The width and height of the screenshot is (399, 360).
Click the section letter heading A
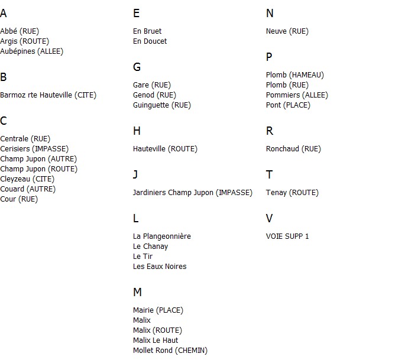[4, 13]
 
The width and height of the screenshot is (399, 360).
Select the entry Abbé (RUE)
[20, 31]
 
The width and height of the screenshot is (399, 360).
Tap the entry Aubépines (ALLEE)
[31, 51]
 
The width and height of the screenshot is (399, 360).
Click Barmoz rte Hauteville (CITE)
[48, 95]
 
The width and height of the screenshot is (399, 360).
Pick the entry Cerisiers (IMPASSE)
[34, 149]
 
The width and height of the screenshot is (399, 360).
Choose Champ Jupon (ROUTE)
[38, 169]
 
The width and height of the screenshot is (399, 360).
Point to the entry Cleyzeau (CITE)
[27, 179]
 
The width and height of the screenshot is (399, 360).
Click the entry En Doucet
[150, 41]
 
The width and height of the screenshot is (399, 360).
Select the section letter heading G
[137, 67]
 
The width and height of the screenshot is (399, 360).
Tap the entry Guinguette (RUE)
[162, 105]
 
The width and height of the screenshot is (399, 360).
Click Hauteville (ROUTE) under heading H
[165, 149]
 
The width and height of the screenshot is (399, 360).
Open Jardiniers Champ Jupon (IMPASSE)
[193, 193]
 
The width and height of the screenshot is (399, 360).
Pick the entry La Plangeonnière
[162, 236]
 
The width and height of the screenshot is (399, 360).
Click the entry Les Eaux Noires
[160, 267]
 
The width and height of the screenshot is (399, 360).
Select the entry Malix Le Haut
[155, 340]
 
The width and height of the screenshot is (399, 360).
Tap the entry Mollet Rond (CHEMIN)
[170, 351]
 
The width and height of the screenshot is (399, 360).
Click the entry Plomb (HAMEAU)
[295, 75]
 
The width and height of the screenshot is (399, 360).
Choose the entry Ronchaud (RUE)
[293, 149]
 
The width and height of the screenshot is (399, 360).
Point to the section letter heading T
[270, 174]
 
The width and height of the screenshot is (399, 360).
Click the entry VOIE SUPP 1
[287, 236]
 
